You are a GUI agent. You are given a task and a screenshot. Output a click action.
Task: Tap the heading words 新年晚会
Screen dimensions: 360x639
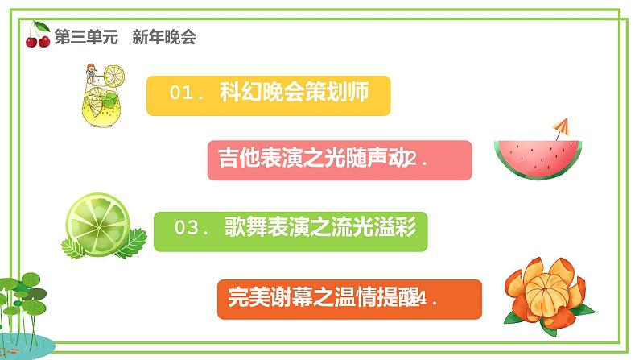pyautogui.click(x=166, y=36)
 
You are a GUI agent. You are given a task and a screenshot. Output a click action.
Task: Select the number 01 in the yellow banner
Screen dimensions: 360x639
pyautogui.click(x=183, y=93)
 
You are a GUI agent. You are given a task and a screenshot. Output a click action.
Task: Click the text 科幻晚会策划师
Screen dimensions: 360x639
pyautogui.click(x=294, y=93)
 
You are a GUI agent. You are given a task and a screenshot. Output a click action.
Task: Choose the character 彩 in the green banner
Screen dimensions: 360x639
pyautogui.click(x=406, y=228)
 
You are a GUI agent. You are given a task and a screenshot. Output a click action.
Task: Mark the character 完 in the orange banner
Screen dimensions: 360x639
pyautogui.click(x=229, y=298)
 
